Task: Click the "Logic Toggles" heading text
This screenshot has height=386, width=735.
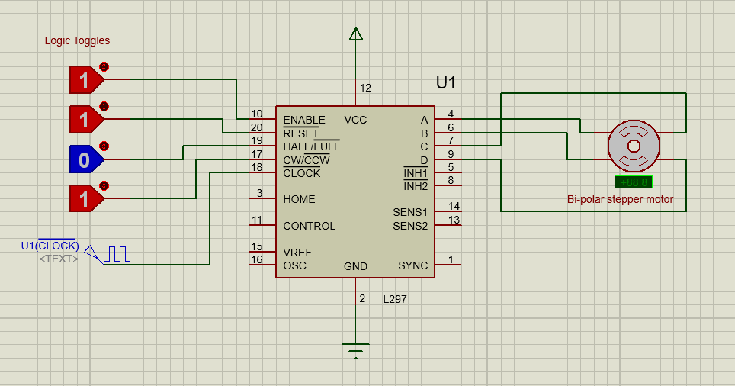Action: pos(77,41)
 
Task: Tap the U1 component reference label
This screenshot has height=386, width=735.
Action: pos(446,83)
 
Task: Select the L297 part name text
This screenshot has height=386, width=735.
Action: pos(394,300)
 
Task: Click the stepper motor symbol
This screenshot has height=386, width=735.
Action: pos(633,145)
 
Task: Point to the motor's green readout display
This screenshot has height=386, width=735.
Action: pos(633,182)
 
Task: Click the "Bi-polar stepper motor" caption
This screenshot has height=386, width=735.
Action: pos(620,200)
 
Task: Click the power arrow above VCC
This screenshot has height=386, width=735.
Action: pos(355,34)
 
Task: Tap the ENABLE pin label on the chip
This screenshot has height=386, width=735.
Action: pos(303,120)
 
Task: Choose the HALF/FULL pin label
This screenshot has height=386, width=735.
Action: pos(311,146)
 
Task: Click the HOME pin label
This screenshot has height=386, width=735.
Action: pos(299,199)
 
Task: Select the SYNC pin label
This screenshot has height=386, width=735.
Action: pos(412,265)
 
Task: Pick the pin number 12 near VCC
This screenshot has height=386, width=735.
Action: pos(365,88)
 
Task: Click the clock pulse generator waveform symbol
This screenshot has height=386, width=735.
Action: pos(117,254)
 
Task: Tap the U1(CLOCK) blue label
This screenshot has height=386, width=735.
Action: pos(50,245)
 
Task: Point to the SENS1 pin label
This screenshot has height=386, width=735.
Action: pos(410,212)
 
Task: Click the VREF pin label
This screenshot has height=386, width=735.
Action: pos(297,253)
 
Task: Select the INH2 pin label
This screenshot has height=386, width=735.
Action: pos(416,186)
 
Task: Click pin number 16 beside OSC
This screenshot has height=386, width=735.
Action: pos(257,259)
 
